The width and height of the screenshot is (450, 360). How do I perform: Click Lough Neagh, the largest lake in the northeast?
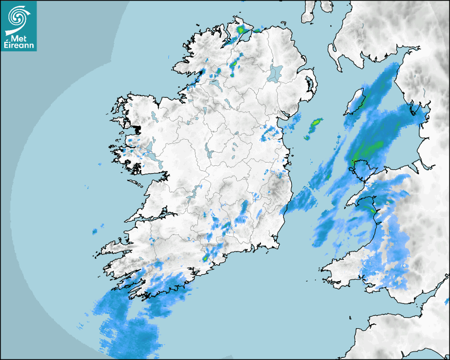pos(275,73)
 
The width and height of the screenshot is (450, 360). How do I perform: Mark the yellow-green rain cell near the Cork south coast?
pos(205,258)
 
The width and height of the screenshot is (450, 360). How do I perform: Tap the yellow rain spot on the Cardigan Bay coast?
pos(373,211)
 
